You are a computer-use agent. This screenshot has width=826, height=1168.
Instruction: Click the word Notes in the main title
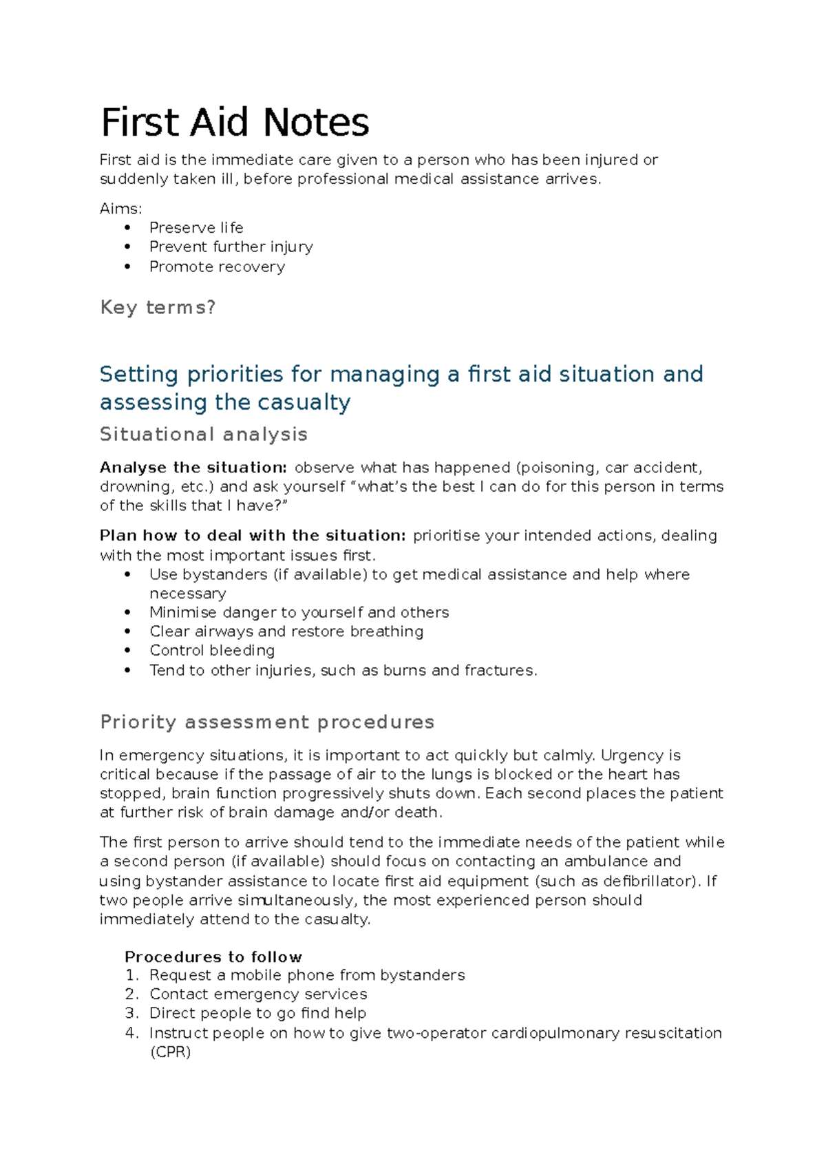coord(316,123)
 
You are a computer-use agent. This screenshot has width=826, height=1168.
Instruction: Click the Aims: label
coord(120,209)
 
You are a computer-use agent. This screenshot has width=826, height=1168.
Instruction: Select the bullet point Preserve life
coord(196,228)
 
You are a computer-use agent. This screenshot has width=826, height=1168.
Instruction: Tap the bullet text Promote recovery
coord(217,267)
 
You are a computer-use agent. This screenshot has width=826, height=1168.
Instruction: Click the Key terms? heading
coord(158,307)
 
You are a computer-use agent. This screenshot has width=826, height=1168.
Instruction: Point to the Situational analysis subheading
coord(204,435)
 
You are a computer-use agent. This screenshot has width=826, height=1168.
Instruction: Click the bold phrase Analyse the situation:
coord(193,468)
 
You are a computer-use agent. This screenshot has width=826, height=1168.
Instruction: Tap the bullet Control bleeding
coord(212,651)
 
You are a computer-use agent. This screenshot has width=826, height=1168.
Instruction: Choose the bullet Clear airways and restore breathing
coord(286,632)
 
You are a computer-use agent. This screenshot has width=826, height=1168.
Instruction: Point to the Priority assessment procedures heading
coord(267,722)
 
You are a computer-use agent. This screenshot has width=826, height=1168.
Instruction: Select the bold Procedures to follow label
coord(213,957)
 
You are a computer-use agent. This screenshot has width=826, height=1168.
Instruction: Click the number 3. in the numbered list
coord(131,1014)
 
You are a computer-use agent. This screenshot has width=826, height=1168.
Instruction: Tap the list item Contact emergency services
coord(258,994)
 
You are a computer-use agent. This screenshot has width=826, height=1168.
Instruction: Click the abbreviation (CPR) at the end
coord(170,1052)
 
